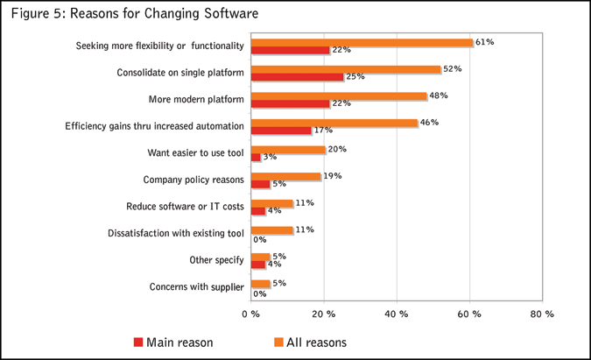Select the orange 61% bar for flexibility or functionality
362,42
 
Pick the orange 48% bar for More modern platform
338,95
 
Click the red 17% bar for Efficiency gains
281,131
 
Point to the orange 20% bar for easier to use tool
288,150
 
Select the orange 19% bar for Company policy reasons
285,176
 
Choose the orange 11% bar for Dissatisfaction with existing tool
271,230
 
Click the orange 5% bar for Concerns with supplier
260,284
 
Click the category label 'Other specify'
215,260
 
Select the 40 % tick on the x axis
397,314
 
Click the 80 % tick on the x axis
542,314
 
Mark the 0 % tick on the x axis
250,314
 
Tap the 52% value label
453,68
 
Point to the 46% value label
429,122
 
